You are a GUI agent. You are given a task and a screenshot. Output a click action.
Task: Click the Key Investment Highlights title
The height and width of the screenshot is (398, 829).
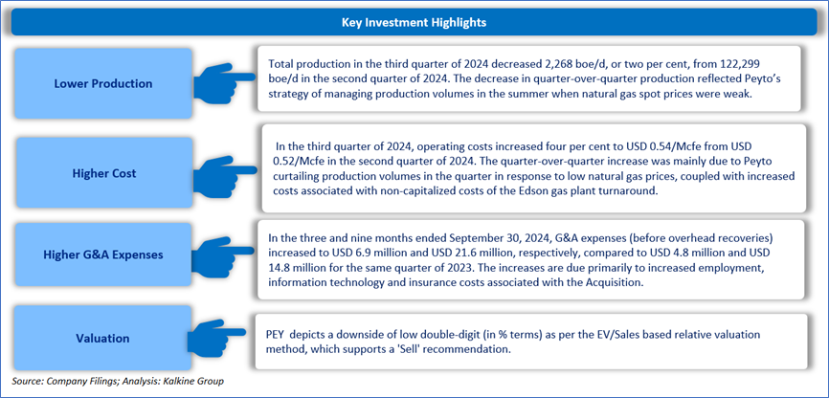tap(414, 23)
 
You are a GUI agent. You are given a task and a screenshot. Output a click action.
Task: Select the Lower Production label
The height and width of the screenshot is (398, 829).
tap(103, 83)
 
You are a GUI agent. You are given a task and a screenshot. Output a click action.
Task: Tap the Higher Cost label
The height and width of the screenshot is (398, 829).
tap(103, 174)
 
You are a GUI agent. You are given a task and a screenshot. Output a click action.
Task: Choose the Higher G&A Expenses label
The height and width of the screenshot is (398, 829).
tap(103, 254)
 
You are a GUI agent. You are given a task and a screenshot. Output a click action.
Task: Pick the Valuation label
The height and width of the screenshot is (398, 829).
tap(103, 338)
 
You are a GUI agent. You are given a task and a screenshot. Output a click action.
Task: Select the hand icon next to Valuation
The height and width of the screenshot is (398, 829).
tap(218, 332)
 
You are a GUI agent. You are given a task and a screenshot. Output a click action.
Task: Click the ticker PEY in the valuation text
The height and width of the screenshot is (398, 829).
tap(277, 335)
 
